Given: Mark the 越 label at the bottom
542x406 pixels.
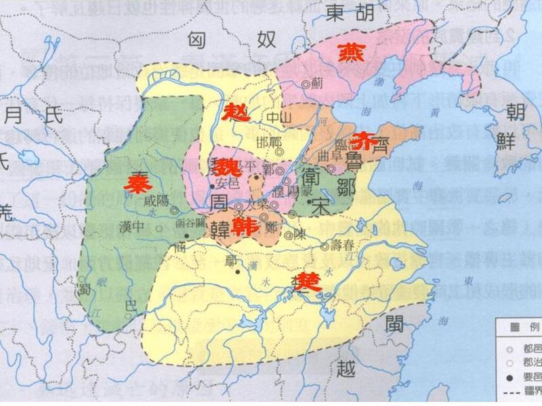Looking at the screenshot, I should tap(347, 369).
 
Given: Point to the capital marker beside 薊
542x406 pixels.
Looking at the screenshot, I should tap(306, 85).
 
